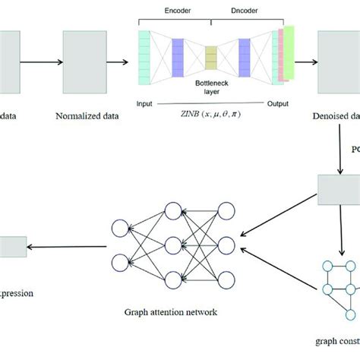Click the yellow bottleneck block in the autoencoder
(x=211, y=57)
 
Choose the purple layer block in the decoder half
(x=245, y=57)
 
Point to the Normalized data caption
(x=84, y=117)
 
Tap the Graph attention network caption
(x=169, y=311)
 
